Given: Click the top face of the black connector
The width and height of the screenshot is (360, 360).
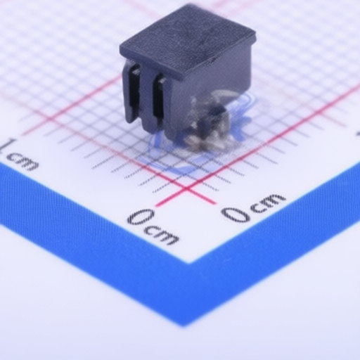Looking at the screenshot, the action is (188, 40).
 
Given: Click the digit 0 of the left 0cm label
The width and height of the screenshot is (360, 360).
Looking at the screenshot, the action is (141, 217).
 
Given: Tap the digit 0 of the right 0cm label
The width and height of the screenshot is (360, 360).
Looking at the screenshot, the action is (236, 214).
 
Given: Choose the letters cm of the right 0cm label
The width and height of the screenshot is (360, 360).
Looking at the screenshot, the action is (269, 201).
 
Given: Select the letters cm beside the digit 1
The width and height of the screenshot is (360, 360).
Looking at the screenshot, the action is (22, 161).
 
